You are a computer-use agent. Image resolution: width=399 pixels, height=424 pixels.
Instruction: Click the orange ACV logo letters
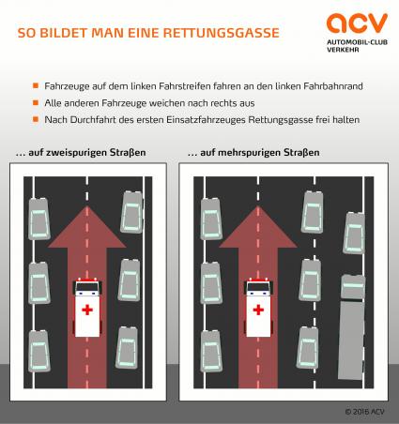click(x=357, y=23)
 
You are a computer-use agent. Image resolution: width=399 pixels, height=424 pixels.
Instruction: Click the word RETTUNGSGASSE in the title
click(x=222, y=33)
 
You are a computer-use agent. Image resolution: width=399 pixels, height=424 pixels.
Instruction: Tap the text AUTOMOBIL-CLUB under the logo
click(x=357, y=42)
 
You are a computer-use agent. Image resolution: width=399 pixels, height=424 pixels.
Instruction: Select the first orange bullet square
click(x=36, y=85)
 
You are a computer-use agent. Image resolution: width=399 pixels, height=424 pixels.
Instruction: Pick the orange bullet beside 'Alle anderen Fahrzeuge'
click(x=36, y=102)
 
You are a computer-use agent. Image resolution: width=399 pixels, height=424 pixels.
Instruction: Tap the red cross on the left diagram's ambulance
click(x=87, y=310)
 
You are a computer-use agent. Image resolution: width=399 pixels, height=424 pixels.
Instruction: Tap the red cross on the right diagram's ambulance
click(x=258, y=310)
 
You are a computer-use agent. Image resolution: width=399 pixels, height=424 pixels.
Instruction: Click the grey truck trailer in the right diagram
click(x=351, y=340)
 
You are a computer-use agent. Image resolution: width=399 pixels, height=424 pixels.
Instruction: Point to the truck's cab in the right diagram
click(x=353, y=287)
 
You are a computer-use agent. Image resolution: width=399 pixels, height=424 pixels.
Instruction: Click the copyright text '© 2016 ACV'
click(x=364, y=412)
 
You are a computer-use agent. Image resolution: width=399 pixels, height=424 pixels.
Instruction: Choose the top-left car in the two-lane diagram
click(x=39, y=219)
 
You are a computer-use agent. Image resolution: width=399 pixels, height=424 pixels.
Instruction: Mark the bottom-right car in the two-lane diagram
click(x=127, y=348)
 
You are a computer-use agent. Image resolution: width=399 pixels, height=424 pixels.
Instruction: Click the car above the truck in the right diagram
click(x=354, y=234)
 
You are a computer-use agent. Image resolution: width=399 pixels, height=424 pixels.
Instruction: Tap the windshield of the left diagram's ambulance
click(x=87, y=287)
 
